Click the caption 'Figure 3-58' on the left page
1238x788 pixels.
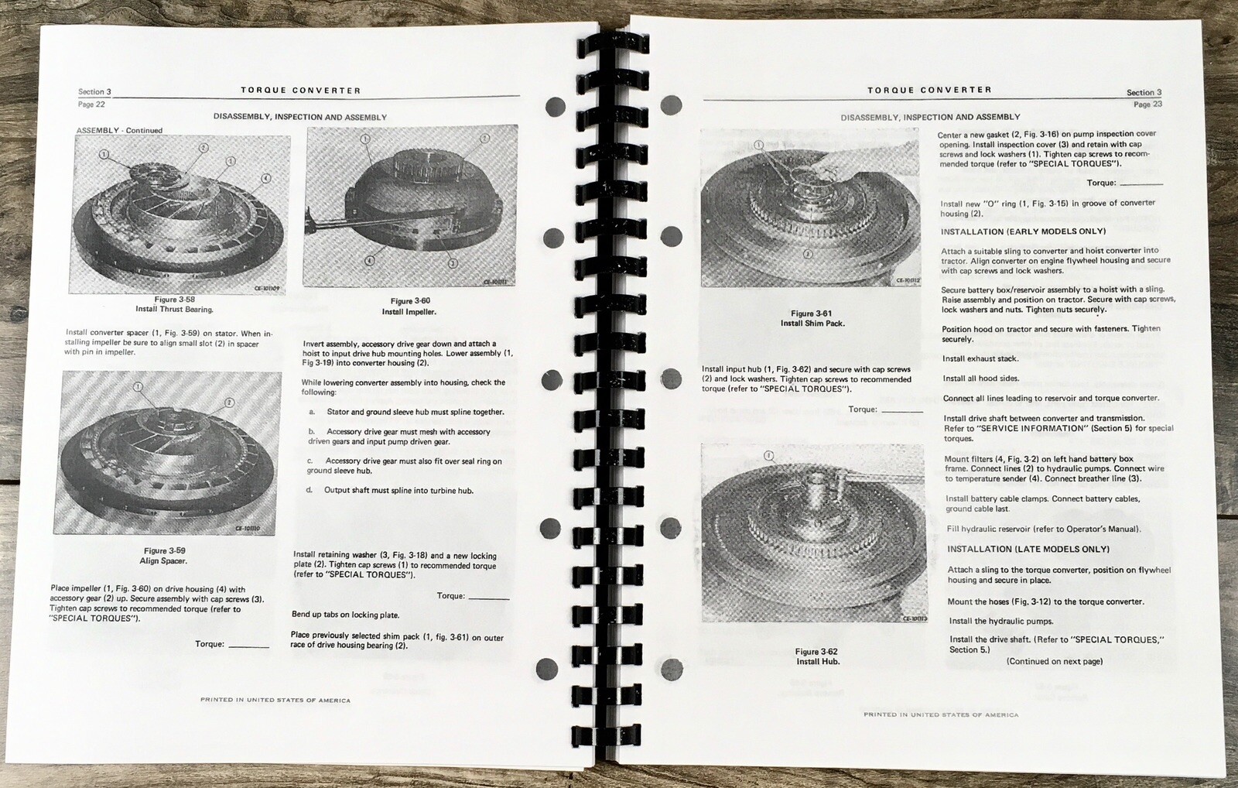174,299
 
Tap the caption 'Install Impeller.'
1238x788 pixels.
409,312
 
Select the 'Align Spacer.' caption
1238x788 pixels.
163,560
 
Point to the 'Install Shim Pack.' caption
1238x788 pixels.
812,323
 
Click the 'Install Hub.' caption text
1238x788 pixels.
818,661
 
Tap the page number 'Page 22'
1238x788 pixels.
91,104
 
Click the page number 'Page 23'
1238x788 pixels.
1147,104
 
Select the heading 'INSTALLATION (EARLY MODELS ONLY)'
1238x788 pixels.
1023,231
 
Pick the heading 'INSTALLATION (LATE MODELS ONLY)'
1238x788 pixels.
1028,549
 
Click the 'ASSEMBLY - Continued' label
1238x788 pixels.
119,131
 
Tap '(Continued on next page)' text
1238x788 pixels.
1055,661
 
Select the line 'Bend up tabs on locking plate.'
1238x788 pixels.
345,615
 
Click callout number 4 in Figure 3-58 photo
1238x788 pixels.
266,178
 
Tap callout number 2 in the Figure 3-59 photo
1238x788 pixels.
229,403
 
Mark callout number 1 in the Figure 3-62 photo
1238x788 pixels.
768,456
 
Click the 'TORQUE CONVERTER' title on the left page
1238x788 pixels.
300,90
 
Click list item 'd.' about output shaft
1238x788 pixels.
390,490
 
